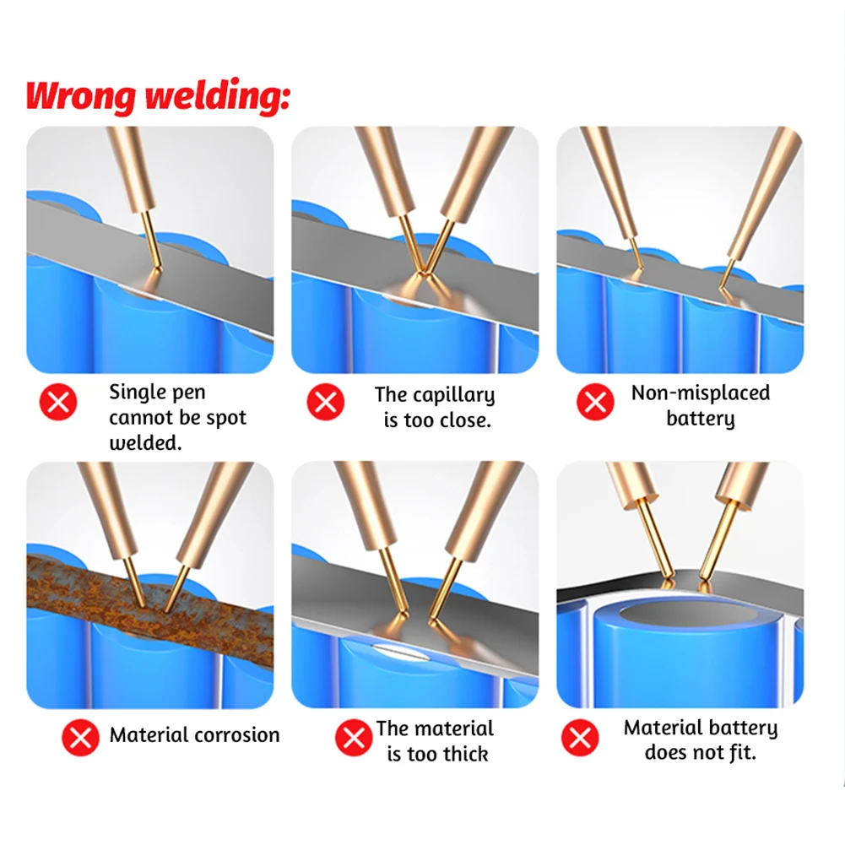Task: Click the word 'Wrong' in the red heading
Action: (x=80, y=95)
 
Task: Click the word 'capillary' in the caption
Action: (x=454, y=395)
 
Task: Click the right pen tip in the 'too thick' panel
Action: (x=432, y=620)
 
